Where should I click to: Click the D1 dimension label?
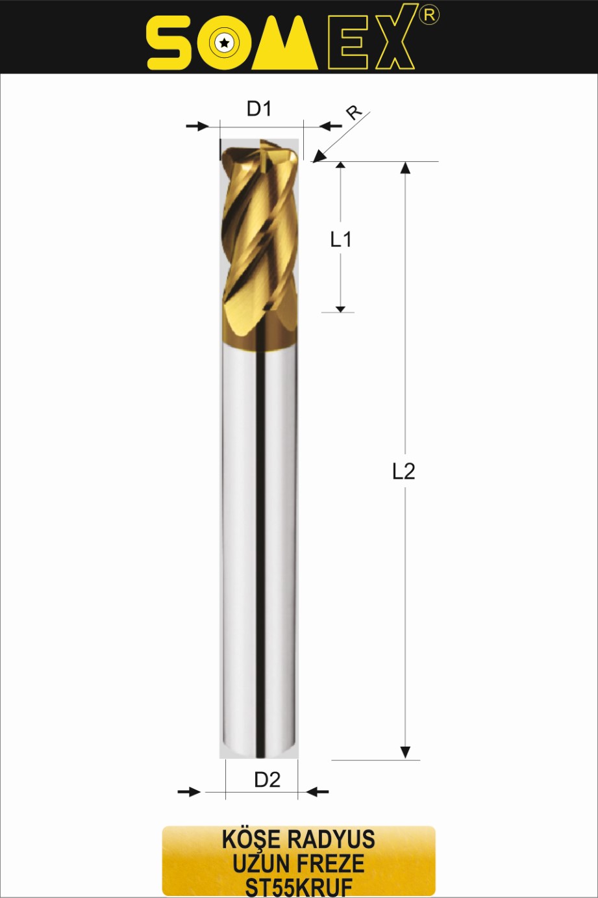click(259, 109)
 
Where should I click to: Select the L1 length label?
click(340, 239)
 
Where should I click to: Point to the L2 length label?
click(403, 471)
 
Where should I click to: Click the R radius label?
click(355, 112)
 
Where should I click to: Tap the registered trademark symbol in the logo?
click(429, 15)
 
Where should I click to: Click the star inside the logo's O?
click(224, 42)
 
